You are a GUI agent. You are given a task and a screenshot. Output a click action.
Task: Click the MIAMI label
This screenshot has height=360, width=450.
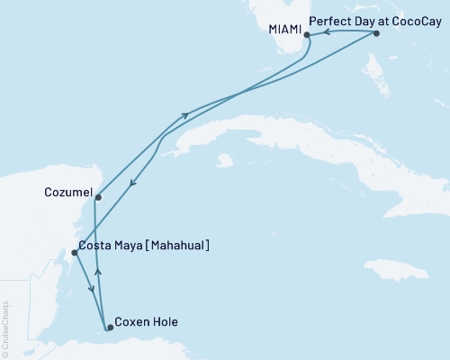click(283, 27)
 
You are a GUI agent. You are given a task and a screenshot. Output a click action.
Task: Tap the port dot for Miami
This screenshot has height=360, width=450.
click(307, 35)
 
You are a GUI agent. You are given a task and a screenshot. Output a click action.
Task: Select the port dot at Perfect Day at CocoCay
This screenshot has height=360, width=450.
click(376, 33)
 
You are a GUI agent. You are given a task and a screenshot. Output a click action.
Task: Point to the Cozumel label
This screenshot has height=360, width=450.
click(66, 191)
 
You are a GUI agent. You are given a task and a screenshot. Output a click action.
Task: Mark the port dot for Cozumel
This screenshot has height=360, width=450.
click(97, 197)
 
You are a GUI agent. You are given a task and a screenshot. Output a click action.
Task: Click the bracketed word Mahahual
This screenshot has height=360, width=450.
click(176, 245)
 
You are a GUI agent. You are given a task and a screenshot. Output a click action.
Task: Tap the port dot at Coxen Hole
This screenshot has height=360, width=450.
click(110, 328)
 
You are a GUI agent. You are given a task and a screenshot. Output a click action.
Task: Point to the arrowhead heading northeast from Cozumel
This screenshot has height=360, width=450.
click(185, 114)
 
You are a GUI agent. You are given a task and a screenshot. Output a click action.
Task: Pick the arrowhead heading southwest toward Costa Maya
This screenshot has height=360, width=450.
click(132, 184)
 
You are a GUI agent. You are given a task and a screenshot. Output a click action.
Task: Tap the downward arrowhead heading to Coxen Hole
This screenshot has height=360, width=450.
click(91, 288)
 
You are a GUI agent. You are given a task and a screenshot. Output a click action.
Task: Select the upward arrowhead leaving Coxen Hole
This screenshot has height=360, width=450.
click(99, 269)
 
